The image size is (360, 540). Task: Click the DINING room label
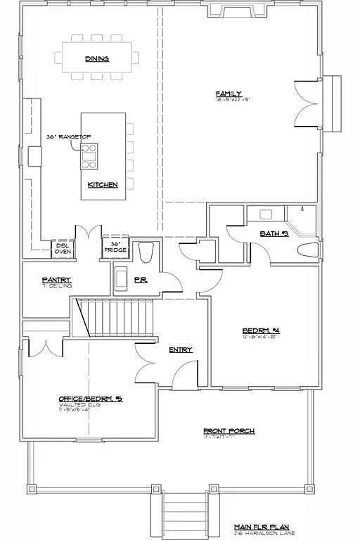pos(97,59)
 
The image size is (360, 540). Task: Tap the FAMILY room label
pos(229,94)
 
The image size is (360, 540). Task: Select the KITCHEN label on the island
pos(102,185)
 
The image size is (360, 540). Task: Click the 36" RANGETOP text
pos(69,136)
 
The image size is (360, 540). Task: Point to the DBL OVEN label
pos(63,248)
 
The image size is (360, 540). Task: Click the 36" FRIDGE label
pos(115,247)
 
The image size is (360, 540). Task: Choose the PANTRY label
pos(56,280)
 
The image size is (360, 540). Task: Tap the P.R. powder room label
pos(140,280)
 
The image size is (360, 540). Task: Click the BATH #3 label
pos(274,233)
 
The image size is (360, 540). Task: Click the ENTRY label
pos(180,349)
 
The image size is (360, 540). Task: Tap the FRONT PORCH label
pos(229,431)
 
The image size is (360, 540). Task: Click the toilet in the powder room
pos(146,251)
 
